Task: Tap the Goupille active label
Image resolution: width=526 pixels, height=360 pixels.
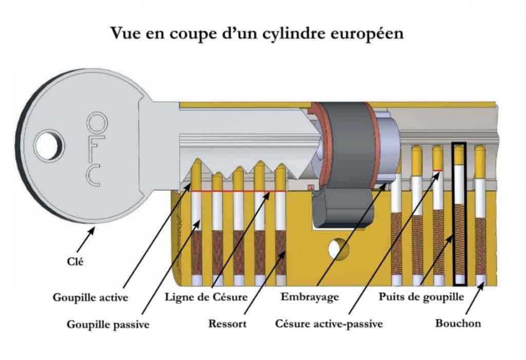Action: click(x=90, y=297)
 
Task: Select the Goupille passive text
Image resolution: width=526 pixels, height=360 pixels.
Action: click(x=108, y=325)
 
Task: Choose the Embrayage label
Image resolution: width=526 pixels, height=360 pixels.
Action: click(x=310, y=297)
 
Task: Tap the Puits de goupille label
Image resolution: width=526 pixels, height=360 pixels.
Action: click(x=421, y=297)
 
